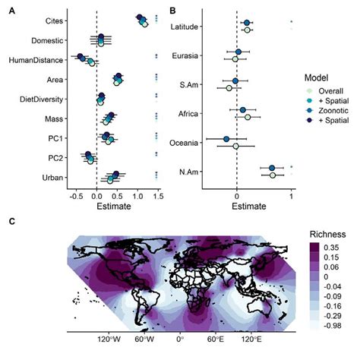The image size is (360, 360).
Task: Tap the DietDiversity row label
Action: [x=41, y=99]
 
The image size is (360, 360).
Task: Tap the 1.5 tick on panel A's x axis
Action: [x=157, y=194]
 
